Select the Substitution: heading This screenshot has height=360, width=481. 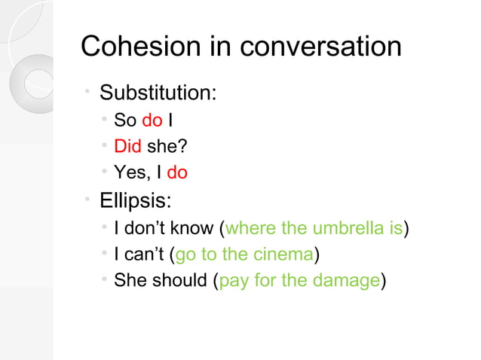158,94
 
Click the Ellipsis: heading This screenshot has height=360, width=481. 135,201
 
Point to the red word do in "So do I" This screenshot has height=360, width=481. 152,120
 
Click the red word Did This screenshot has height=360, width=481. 127,146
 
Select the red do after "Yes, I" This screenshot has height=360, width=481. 176,173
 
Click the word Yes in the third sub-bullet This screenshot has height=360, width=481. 129,173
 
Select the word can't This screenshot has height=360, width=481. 142,255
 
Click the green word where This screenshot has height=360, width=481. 250,227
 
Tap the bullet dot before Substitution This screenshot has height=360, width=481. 88,92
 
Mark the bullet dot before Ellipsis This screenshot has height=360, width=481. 88,199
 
